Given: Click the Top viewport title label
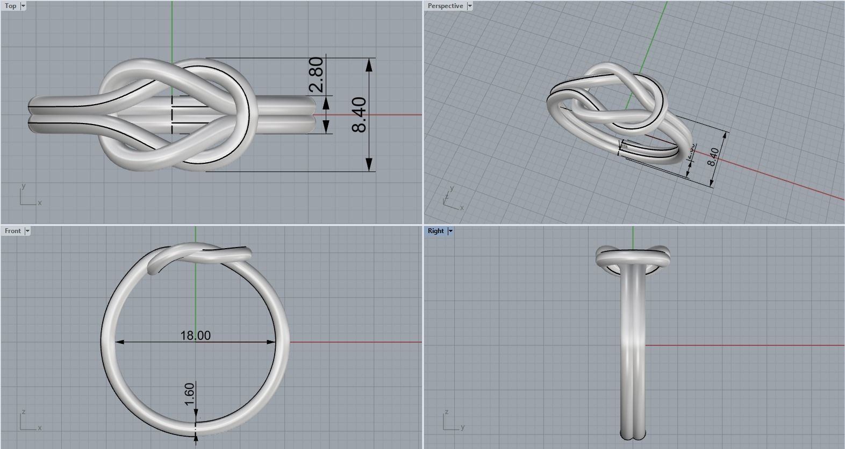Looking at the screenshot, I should (10, 6).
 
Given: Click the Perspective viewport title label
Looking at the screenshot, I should (445, 6).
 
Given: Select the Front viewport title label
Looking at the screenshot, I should (12, 231).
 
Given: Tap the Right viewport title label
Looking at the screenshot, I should (436, 231).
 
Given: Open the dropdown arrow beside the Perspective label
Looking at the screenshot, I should (469, 6).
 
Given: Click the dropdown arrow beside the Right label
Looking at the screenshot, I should (450, 231).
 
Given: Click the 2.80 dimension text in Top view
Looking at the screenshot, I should (317, 75).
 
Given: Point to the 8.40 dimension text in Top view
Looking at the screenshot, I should (359, 114).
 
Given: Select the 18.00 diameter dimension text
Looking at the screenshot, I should (195, 336).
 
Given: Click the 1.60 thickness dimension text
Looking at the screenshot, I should (189, 394).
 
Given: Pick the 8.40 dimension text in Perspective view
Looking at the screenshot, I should (713, 156).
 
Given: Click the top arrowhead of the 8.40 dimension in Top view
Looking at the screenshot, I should (369, 65).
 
